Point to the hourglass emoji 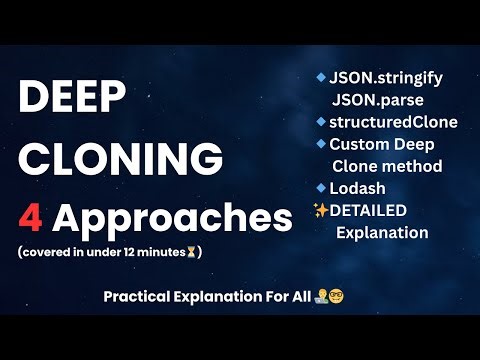pyautogui.click(x=191, y=252)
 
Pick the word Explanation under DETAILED pyautogui.click(x=382, y=233)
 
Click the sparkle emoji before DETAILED pyautogui.click(x=321, y=210)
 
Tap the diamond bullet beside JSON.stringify pyautogui.click(x=320, y=77)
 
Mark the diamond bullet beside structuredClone pyautogui.click(x=320, y=122)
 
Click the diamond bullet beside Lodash pyautogui.click(x=320, y=187)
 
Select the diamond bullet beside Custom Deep pyautogui.click(x=320, y=144)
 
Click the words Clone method pyautogui.click(x=387, y=166)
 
